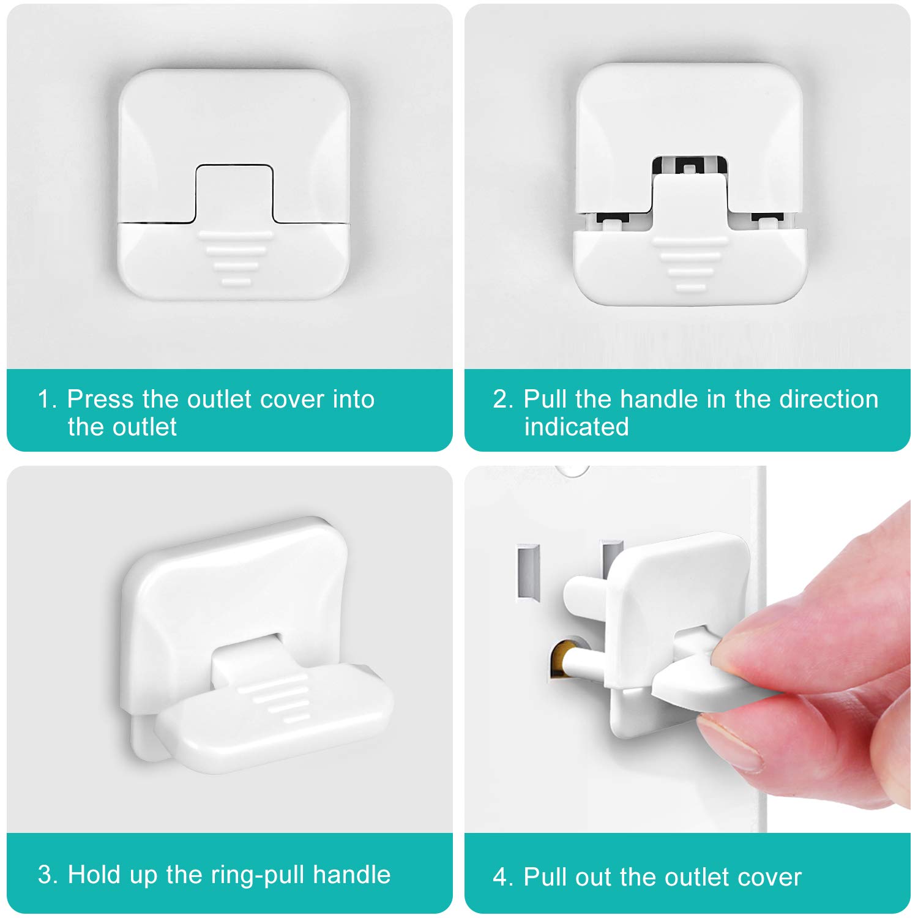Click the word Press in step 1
100,399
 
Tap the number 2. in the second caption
502,399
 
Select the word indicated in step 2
576,427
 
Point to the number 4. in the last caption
502,877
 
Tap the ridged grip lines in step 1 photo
236,257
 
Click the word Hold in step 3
91,875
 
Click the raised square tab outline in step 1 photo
234,193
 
